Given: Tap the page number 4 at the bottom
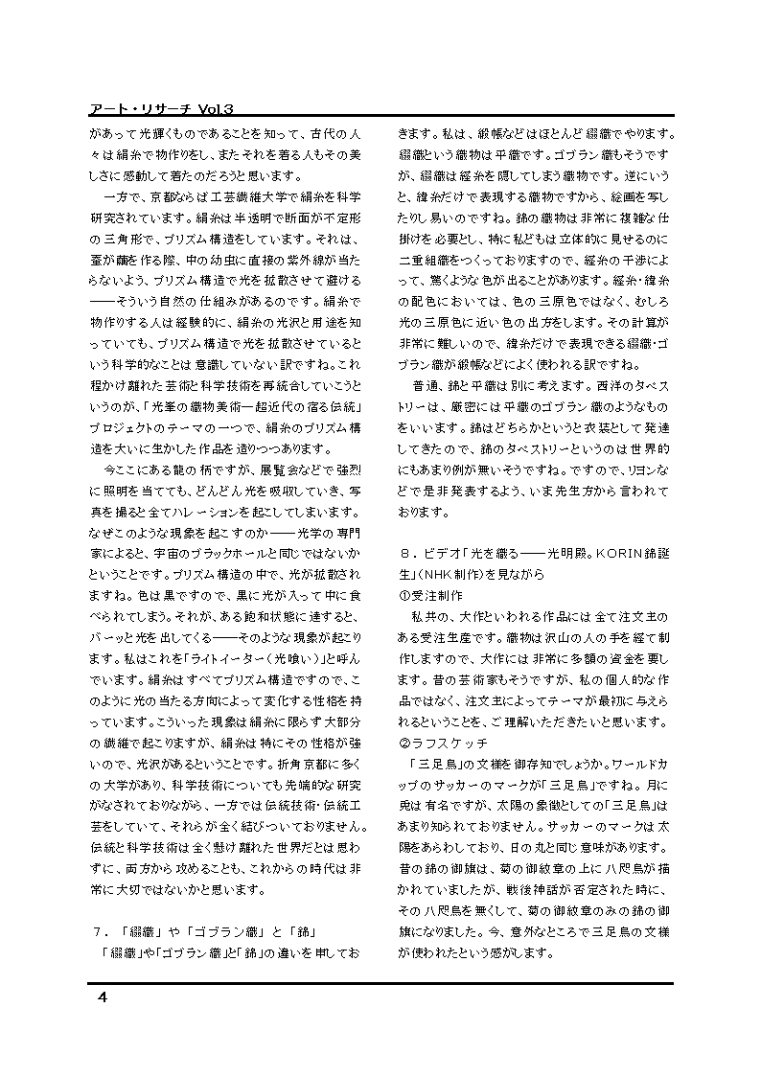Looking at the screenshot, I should coord(102,998).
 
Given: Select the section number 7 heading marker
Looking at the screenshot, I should coord(98,930).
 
